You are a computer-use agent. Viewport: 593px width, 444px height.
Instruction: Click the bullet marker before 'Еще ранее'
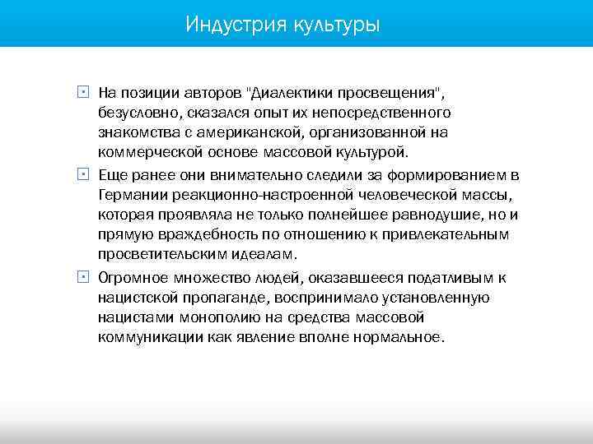click(x=83, y=174)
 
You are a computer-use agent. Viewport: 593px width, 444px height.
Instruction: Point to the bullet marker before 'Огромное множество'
click(x=83, y=277)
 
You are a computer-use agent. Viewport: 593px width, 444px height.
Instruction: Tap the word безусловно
click(x=137, y=111)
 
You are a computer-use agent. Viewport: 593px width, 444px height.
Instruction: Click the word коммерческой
click(x=146, y=152)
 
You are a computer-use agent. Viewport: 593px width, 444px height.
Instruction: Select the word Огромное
click(x=132, y=277)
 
